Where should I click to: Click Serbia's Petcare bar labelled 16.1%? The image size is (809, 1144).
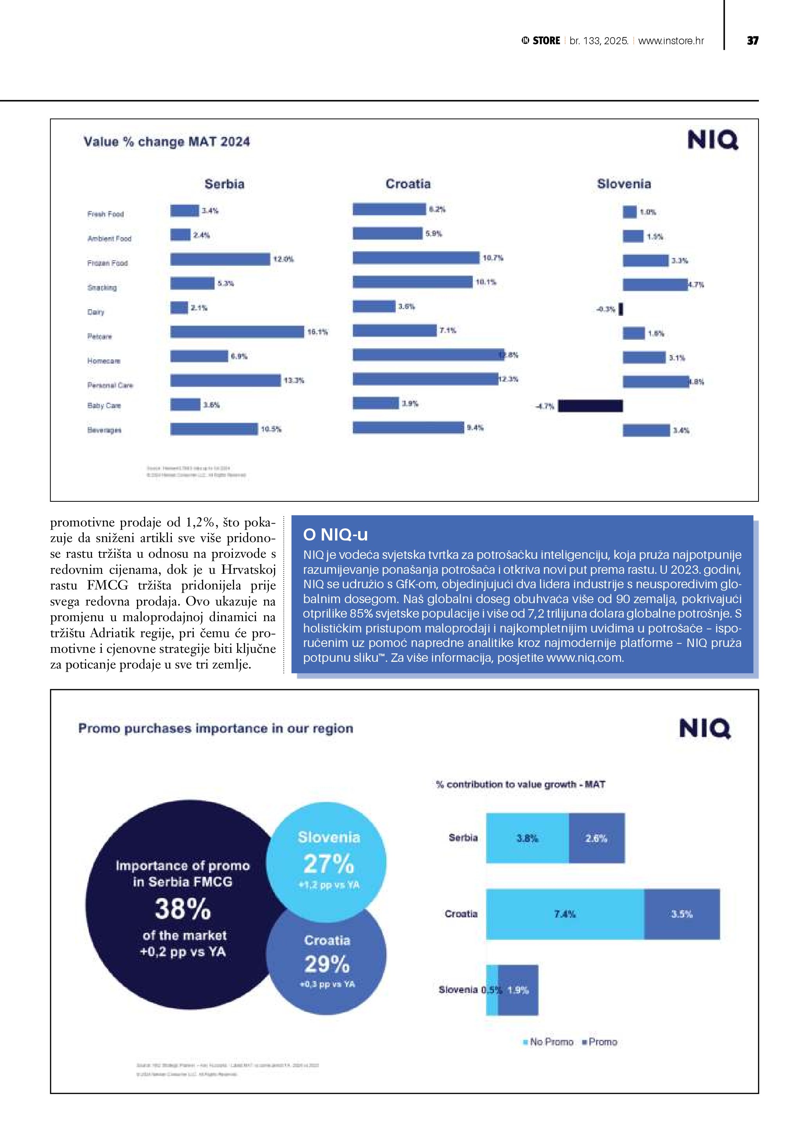[x=237, y=332]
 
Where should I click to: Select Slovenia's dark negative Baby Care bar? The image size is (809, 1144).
[x=590, y=406]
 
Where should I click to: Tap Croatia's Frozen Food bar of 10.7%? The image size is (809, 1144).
[x=416, y=258]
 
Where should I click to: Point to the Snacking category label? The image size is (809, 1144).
[x=102, y=288]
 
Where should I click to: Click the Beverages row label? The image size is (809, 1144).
[x=104, y=430]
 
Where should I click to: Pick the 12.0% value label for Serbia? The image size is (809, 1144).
[x=283, y=259]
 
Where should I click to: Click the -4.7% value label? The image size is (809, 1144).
[x=544, y=407]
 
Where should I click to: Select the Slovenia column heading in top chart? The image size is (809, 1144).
[x=624, y=184]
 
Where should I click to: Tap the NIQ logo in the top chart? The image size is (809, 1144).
[x=712, y=140]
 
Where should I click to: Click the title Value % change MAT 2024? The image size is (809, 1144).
[x=166, y=142]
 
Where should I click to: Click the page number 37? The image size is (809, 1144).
[x=752, y=41]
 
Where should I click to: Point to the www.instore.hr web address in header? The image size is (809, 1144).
[x=670, y=41]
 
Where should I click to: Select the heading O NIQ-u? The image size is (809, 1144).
[x=335, y=535]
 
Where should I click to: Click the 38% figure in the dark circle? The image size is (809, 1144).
[x=183, y=909]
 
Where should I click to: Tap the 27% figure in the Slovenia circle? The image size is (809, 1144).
[x=328, y=865]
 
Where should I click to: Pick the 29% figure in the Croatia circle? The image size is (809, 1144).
[x=327, y=964]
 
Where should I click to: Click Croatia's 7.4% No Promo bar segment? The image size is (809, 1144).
[x=564, y=914]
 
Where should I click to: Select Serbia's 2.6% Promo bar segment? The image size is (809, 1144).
[x=596, y=839]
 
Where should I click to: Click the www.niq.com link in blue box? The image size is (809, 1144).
[x=584, y=658]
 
